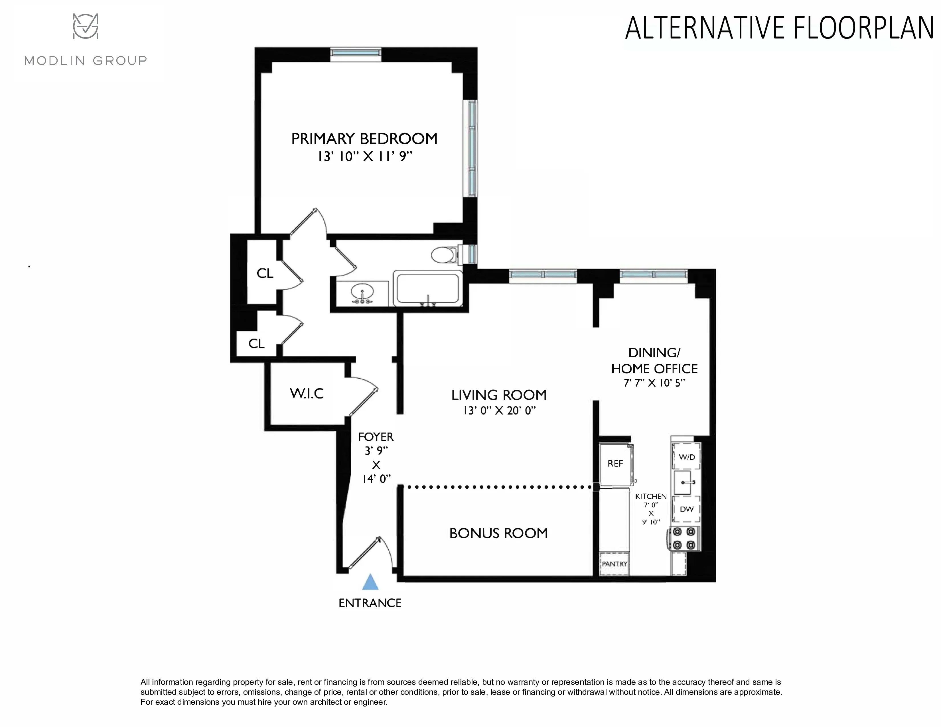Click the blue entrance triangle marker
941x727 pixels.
click(x=370, y=582)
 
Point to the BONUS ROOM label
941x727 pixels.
click(x=498, y=533)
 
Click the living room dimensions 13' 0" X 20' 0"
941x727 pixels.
click(x=499, y=411)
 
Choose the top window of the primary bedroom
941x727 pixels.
click(x=356, y=52)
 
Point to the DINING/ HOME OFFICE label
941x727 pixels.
click(x=654, y=360)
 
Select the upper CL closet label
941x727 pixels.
click(x=265, y=273)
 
